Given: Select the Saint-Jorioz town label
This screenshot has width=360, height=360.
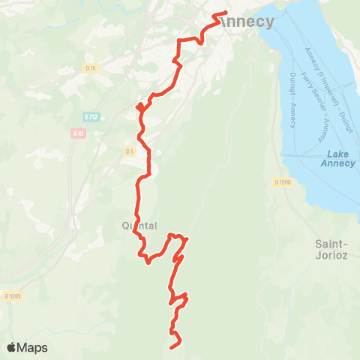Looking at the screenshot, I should (x=330, y=249).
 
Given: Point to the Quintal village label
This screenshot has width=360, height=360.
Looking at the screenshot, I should (x=139, y=225).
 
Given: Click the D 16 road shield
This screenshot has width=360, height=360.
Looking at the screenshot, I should (x=91, y=68).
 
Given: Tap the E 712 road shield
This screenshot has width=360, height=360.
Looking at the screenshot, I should (x=91, y=117).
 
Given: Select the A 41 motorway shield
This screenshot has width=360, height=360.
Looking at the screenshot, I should (x=78, y=133).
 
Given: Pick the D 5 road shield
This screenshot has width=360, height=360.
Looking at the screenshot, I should (x=130, y=151).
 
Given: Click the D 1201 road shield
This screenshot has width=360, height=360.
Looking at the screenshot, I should (x=11, y=296).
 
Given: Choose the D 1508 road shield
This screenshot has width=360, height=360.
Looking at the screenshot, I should (x=281, y=182).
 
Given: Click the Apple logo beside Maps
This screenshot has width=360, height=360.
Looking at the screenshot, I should (x=12, y=348).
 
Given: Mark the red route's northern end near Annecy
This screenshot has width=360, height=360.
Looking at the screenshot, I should (x=226, y=13).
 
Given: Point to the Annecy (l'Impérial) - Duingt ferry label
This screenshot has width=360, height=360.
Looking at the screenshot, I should (x=328, y=90).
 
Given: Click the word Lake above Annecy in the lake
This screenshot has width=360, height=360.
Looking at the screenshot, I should (x=338, y=152).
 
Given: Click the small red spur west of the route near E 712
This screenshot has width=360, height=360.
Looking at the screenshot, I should (x=138, y=107).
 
